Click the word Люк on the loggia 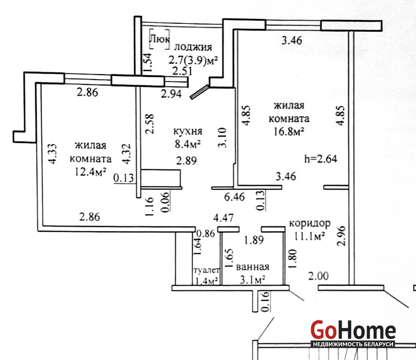pyautogui.click(x=160, y=39)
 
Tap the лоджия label pyautogui.click(x=193, y=47)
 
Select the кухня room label pyautogui.click(x=188, y=131)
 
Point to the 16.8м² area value pyautogui.click(x=289, y=131)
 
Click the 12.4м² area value pyautogui.click(x=91, y=172)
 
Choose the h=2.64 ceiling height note pyautogui.click(x=321, y=159)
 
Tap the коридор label pyautogui.click(x=310, y=224)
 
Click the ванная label pyautogui.click(x=253, y=266)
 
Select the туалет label pyautogui.click(x=207, y=270)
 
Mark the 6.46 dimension pyautogui.click(x=235, y=197)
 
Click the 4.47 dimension pyautogui.click(x=224, y=218)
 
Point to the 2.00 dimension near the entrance pyautogui.click(x=318, y=276)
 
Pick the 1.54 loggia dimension pyautogui.click(x=148, y=62)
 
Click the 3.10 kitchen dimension pyautogui.click(x=222, y=138)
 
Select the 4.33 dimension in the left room pyautogui.click(x=53, y=154)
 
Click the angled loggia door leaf pyautogui.click(x=199, y=92)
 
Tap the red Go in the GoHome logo pyautogui.click(x=324, y=329)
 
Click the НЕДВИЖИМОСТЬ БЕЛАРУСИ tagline pyautogui.click(x=353, y=344)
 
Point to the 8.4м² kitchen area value pyautogui.click(x=187, y=144)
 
